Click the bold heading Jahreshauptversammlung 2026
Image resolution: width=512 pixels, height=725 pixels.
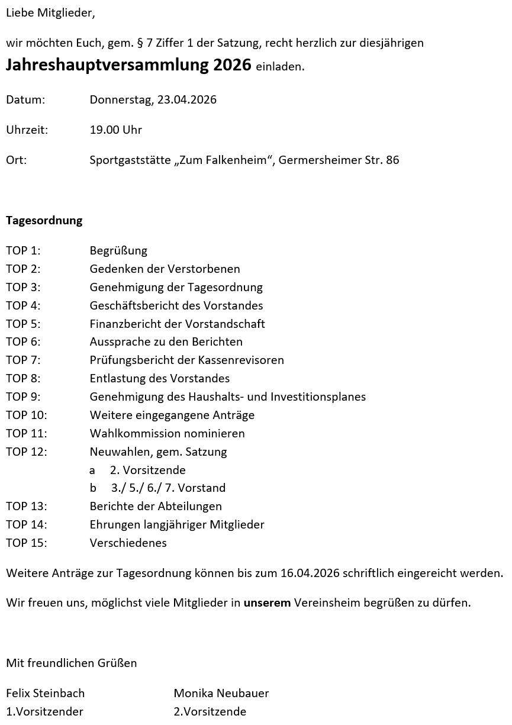128,65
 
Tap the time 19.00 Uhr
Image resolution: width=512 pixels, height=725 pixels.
115,130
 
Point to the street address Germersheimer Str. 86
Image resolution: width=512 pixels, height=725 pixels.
339,160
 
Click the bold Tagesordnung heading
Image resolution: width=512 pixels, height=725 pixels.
44,221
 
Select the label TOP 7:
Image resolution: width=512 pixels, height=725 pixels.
23,360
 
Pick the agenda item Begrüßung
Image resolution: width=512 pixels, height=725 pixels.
118,250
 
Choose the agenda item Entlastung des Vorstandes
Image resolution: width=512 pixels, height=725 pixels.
159,378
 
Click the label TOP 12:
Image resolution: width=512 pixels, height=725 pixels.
26,452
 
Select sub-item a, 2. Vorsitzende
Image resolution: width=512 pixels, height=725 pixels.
147,470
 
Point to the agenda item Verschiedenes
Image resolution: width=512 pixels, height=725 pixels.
128,543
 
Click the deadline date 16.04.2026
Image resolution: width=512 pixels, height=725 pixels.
310,573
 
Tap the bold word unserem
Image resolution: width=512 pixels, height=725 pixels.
267,603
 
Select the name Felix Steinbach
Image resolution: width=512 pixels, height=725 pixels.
45,693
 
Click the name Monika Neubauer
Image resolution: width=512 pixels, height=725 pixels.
221,693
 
